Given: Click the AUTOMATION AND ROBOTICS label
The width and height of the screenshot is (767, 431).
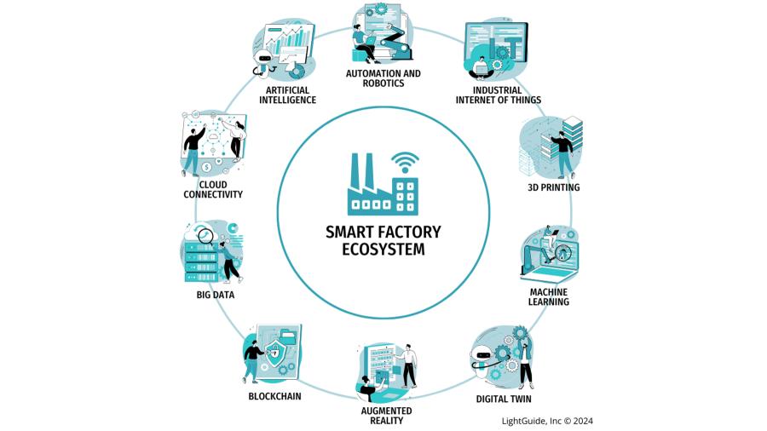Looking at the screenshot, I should click(383, 78).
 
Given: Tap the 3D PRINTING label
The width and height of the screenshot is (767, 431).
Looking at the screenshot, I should click(555, 187).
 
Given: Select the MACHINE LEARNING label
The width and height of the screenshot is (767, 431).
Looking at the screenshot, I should click(549, 296).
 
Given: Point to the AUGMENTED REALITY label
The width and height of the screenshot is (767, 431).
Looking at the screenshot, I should click(381, 415).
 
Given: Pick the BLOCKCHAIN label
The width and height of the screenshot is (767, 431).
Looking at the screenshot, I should click(274, 396).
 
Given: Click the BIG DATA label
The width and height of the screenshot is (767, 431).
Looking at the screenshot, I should click(215, 295).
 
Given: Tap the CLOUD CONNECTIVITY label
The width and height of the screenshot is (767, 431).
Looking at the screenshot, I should click(213, 189).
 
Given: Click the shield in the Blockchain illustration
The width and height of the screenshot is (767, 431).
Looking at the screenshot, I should click(274, 350).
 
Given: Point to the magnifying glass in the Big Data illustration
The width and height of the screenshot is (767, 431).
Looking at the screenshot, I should click(205, 233).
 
